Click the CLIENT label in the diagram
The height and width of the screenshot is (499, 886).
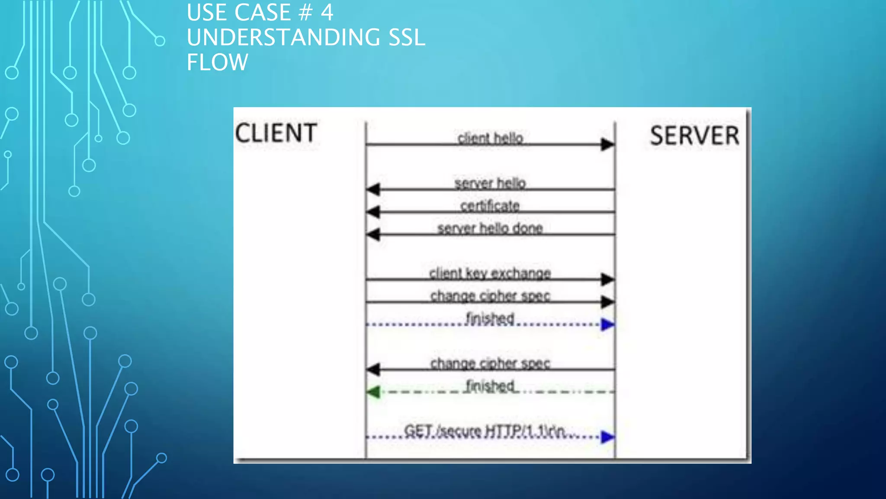click(x=276, y=133)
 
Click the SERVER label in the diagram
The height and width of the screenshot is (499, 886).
click(x=694, y=136)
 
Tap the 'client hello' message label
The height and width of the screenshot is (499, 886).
click(x=490, y=138)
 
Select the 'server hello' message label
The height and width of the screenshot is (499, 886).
click(x=490, y=183)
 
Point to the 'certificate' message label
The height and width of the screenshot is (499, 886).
click(x=490, y=206)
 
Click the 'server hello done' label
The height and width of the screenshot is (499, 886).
click(x=490, y=228)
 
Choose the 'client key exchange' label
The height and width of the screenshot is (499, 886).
click(x=490, y=273)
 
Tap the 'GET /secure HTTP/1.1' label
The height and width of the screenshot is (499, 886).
click(x=485, y=431)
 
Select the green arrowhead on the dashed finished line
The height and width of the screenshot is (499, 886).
click(x=373, y=392)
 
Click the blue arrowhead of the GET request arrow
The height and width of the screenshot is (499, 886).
click(x=607, y=437)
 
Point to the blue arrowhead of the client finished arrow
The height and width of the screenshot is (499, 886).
click(x=607, y=324)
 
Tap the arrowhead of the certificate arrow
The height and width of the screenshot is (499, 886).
click(x=373, y=212)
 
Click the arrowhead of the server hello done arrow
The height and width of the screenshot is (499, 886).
click(x=373, y=234)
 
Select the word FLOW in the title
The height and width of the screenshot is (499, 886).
click(x=217, y=62)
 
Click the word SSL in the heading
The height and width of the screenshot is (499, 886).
click(x=407, y=37)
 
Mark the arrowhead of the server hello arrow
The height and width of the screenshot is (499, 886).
click(x=373, y=189)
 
